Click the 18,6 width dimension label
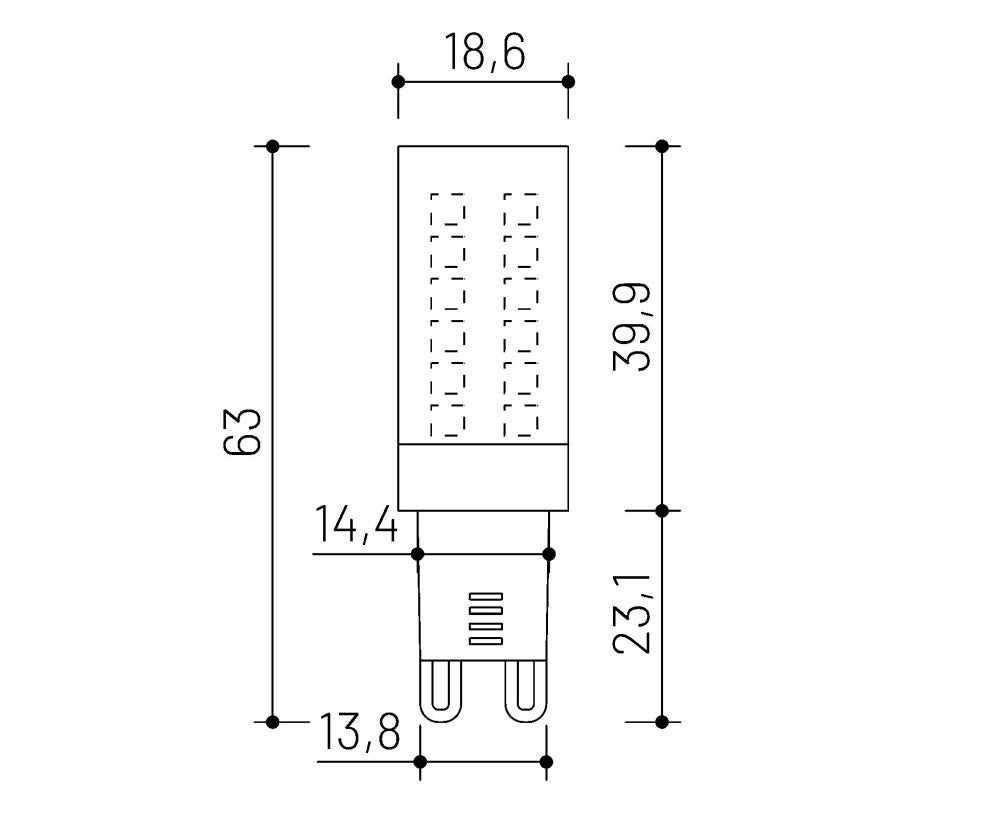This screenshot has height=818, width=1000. pyautogui.click(x=484, y=52)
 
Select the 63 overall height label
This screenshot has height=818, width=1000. pyautogui.click(x=243, y=431)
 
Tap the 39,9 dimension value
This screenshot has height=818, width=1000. pyautogui.click(x=632, y=327)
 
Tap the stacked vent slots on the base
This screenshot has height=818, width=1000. pyautogui.click(x=484, y=618)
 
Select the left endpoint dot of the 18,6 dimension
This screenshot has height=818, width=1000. pyautogui.click(x=398, y=81)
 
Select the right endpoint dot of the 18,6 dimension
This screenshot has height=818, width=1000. pyautogui.click(x=568, y=81)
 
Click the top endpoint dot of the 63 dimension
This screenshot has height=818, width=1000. pyautogui.click(x=273, y=146)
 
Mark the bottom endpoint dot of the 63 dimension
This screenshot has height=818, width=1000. pyautogui.click(x=273, y=720)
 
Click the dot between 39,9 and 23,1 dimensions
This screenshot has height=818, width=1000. pyautogui.click(x=661, y=510)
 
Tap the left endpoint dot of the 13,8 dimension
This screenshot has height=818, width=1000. pyautogui.click(x=420, y=762)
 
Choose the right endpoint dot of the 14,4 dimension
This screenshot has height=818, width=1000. pyautogui.click(x=548, y=553)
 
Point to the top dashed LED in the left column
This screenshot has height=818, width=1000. pyautogui.click(x=448, y=210)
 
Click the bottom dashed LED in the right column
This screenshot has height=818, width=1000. pyautogui.click(x=521, y=420)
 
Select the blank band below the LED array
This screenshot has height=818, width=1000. pyautogui.click(x=483, y=476)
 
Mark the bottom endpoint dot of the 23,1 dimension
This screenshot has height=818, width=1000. pyautogui.click(x=661, y=720)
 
